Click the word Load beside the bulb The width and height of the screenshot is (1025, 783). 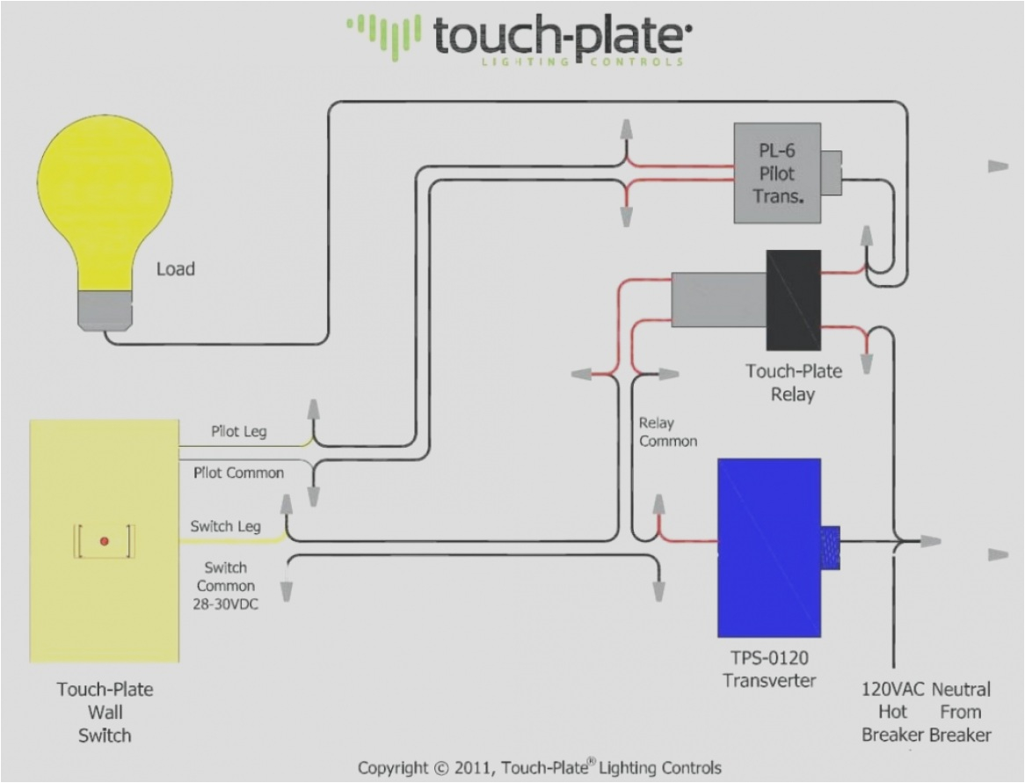(x=176, y=269)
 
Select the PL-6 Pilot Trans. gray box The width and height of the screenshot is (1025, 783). (x=777, y=172)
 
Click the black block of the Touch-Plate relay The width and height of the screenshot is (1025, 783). (x=793, y=300)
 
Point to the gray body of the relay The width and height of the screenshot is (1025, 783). (x=717, y=299)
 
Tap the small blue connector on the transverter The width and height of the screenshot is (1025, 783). (x=830, y=541)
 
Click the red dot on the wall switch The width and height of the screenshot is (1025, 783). (x=104, y=541)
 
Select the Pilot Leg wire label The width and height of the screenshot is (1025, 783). (x=238, y=432)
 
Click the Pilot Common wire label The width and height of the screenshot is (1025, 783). (x=238, y=472)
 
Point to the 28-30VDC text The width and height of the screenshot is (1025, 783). (x=226, y=604)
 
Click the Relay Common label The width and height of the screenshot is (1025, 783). (x=668, y=432)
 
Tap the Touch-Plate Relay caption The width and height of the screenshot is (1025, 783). (x=793, y=383)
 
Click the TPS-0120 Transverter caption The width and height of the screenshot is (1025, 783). (x=768, y=669)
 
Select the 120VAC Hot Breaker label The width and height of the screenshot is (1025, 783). (x=890, y=711)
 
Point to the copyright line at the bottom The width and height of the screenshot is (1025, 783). (x=539, y=768)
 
